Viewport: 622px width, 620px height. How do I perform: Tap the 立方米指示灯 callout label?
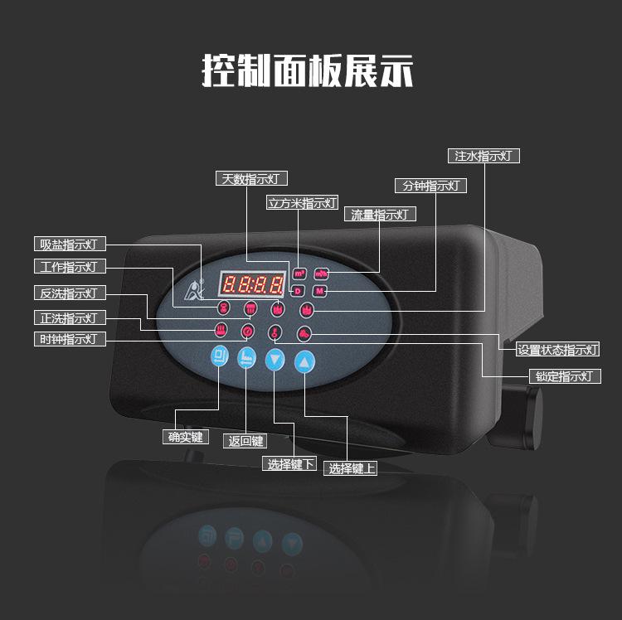pyautogui.click(x=302, y=202)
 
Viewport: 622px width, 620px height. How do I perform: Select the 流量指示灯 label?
pyautogui.click(x=380, y=215)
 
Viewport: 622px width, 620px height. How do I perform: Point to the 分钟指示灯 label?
pyautogui.click(x=430, y=186)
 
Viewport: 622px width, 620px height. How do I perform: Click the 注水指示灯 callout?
pyautogui.click(x=484, y=156)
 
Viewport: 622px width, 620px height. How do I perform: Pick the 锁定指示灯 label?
pyautogui.click(x=564, y=376)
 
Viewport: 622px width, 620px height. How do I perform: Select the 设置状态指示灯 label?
pyautogui.click(x=557, y=350)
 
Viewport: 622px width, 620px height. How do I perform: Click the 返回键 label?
pyautogui.click(x=246, y=441)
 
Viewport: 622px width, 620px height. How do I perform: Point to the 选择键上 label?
pyautogui.click(x=352, y=468)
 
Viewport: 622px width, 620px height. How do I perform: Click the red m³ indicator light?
pyautogui.click(x=299, y=274)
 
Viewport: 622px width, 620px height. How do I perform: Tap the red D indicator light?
pyautogui.click(x=299, y=290)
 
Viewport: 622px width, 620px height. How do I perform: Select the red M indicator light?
pyautogui.click(x=321, y=291)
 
